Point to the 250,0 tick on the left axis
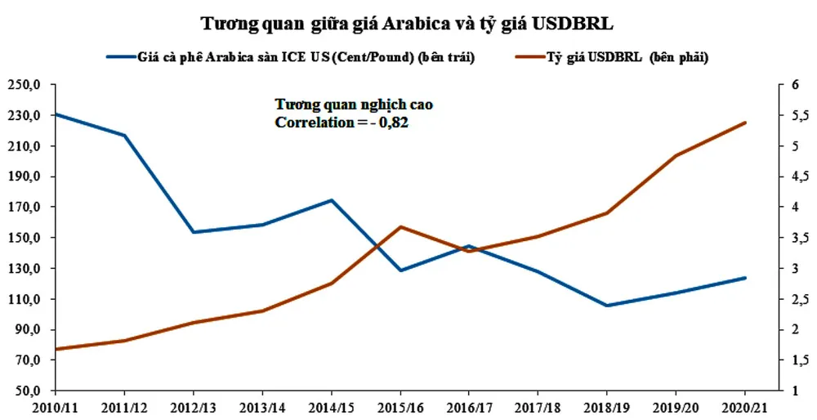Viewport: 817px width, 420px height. coord(25,85)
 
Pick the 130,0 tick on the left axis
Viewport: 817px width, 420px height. coord(25,269)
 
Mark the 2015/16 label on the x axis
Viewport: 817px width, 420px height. coord(400,406)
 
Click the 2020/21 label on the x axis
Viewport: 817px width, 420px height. coord(745,406)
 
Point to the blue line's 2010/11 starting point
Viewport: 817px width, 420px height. coord(56,114)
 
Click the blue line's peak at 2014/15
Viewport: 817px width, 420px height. coord(331,200)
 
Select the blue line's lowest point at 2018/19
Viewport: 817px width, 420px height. coord(607,306)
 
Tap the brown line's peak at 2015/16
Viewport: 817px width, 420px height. coord(400,226)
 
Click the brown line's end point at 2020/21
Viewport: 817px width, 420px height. coord(745,123)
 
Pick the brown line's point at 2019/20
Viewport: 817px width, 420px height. coord(676,155)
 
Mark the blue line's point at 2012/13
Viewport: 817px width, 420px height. coord(194,232)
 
